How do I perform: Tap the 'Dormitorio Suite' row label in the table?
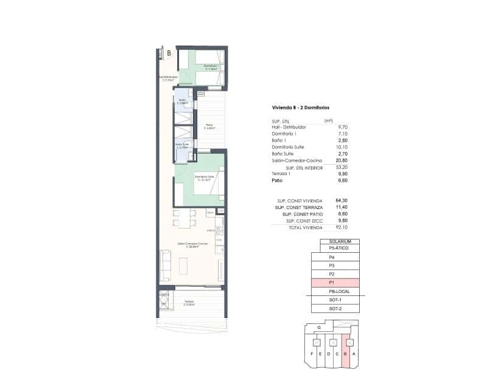289,146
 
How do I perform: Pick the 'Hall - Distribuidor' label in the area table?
289,126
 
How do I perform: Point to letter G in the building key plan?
320,327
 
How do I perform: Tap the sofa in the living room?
166,263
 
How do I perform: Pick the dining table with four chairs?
184,217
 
